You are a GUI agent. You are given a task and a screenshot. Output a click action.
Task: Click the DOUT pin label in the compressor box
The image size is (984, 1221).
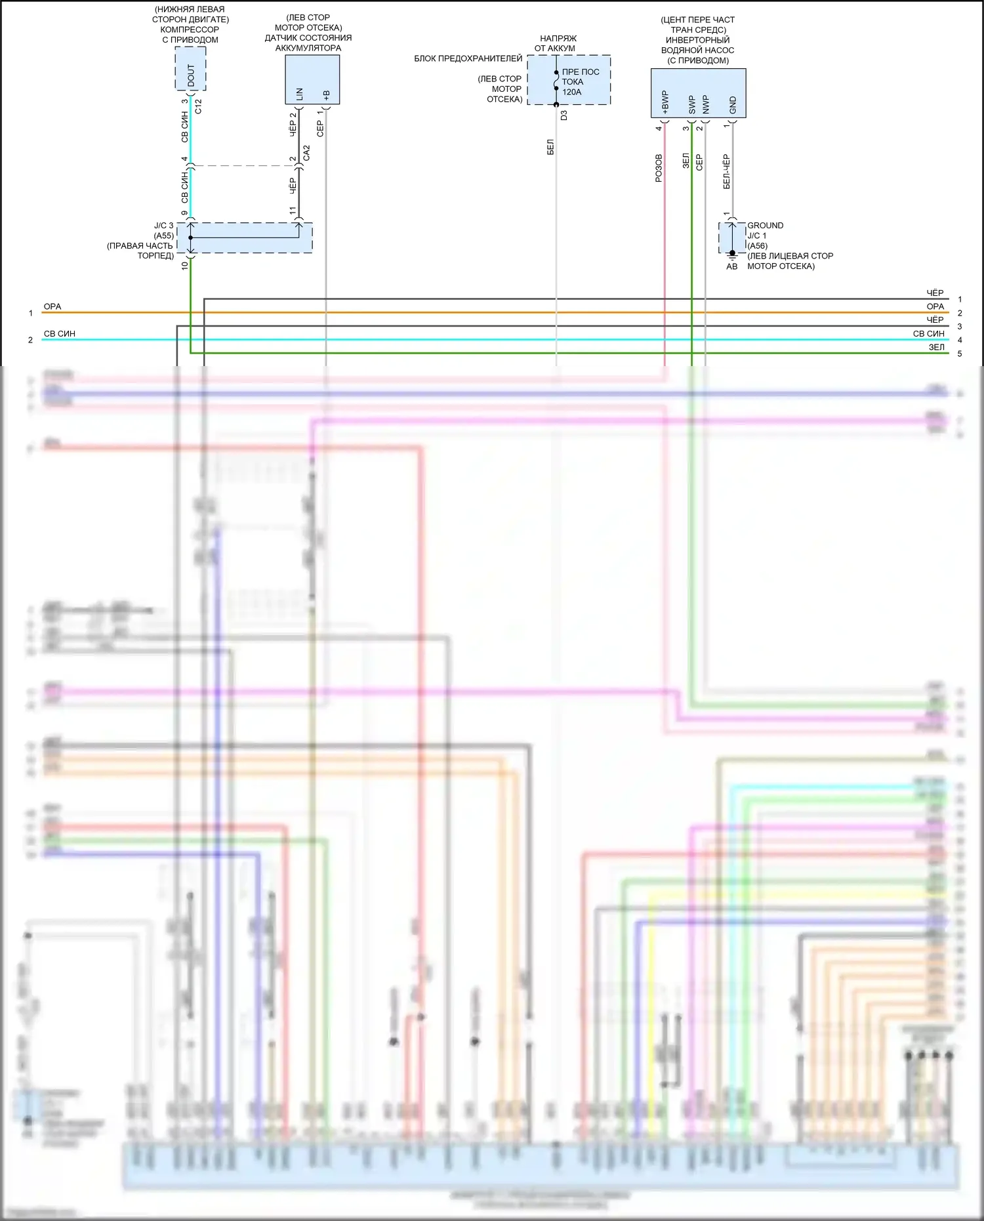pos(191,75)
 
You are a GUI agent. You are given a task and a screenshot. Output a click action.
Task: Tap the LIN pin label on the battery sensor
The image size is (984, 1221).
pos(299,94)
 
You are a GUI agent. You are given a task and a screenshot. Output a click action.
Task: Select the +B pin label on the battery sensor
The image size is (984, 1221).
pos(326,95)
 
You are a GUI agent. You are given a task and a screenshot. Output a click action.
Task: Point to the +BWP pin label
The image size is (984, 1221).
pos(665,103)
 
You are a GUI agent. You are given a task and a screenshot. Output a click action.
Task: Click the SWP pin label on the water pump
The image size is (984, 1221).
pos(691,104)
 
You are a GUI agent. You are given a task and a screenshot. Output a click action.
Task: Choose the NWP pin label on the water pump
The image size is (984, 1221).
pos(706,104)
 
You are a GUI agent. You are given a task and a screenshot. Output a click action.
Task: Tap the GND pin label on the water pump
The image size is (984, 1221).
pos(733,104)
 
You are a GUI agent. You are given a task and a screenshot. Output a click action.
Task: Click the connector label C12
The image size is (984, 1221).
pos(198,106)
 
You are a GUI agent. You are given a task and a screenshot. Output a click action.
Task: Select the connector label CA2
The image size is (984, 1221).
pos(306,154)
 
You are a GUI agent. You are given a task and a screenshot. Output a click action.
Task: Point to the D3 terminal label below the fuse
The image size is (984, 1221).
pos(564,115)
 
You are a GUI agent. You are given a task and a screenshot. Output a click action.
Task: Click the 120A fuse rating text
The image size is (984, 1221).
pos(571,92)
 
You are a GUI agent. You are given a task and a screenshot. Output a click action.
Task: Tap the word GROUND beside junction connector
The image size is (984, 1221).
pos(765,225)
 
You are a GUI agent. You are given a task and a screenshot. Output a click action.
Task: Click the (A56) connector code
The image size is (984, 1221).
pos(757,245)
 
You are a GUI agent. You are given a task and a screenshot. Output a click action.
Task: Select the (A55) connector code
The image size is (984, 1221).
pos(164,236)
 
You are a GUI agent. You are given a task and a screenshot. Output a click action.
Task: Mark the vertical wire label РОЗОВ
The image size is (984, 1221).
pos(659,168)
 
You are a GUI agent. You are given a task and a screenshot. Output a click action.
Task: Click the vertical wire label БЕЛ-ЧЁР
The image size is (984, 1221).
pos(726,172)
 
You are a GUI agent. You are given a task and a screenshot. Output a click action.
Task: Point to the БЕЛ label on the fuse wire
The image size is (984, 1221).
pos(550,147)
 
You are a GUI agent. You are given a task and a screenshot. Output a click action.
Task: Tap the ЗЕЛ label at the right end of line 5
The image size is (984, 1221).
pos(936,347)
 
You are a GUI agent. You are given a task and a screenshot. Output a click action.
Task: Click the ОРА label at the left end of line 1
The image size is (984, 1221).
pos(52,306)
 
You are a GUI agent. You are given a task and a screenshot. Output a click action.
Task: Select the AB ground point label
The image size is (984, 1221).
pos(731,266)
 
